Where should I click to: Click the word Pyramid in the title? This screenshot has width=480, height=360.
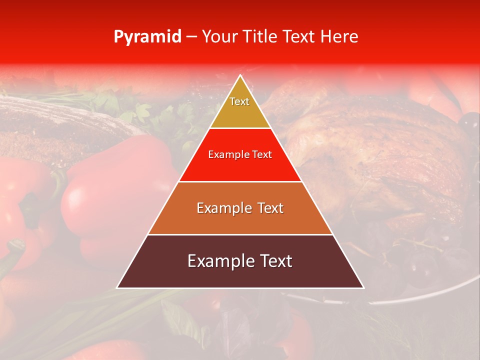tap(147, 37)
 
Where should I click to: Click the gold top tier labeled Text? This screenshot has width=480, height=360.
tap(240, 107)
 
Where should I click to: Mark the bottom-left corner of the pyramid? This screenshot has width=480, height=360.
tap(118, 287)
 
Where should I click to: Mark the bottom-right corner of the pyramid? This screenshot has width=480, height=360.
tap(363, 287)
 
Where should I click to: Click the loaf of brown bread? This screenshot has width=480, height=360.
tap(55, 125)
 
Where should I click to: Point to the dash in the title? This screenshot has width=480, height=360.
tap(190, 37)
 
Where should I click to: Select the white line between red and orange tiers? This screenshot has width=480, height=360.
tap(240, 181)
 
